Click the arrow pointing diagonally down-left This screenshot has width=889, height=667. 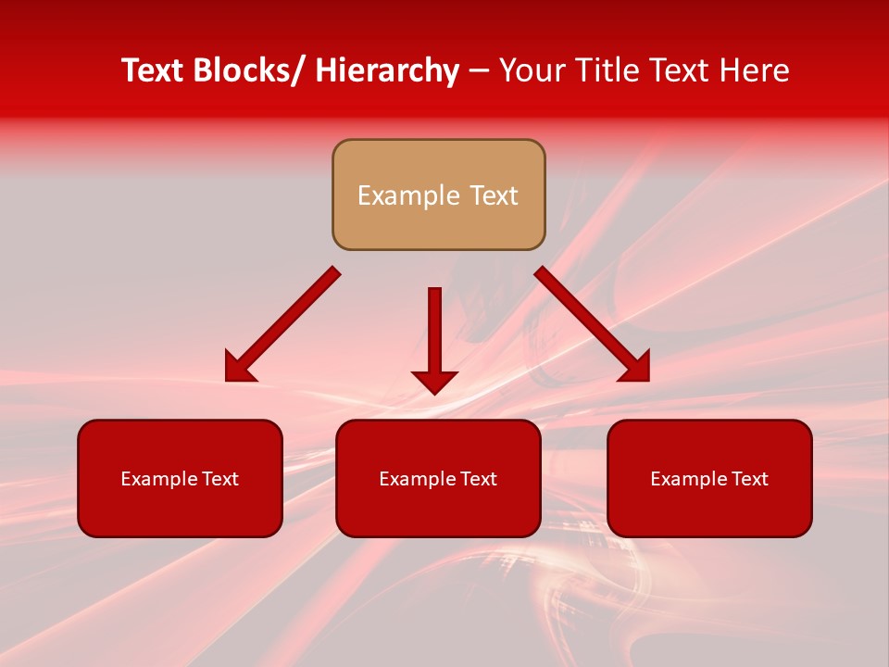[x=282, y=325]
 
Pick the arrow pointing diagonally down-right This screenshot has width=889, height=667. [x=593, y=325]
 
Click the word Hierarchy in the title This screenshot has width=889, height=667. [x=387, y=70]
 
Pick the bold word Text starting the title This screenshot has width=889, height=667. [x=153, y=70]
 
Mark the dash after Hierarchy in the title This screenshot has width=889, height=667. [x=479, y=71]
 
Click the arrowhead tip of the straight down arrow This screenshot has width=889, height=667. [x=434, y=393]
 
